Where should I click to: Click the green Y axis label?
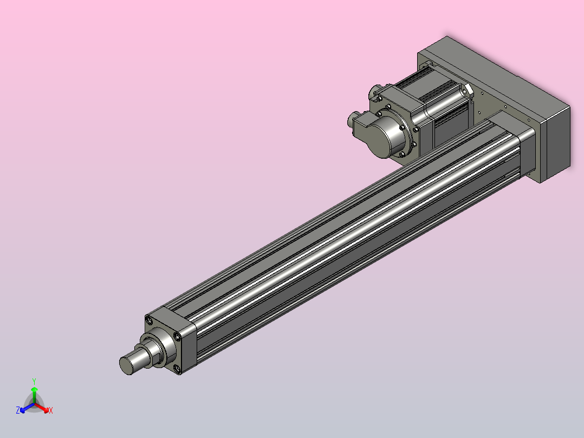tap(34, 381)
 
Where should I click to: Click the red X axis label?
tap(51, 410)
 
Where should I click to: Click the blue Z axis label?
tap(18, 410)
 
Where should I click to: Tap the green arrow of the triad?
tap(34, 396)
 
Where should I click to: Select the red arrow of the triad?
tap(42, 408)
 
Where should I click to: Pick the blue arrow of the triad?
tap(27, 408)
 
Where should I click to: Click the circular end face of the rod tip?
tap(126, 366)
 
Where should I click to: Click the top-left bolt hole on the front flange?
tap(149, 320)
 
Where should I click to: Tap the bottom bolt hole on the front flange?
tap(177, 369)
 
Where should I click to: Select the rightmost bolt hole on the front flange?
tap(178, 337)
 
